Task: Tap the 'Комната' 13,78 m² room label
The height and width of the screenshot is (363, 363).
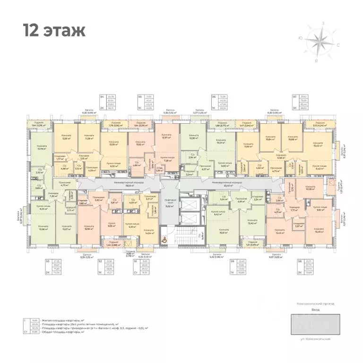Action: pyautogui.click(x=38, y=148)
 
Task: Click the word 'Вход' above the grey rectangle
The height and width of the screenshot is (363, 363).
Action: pyautogui.click(x=315, y=310)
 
